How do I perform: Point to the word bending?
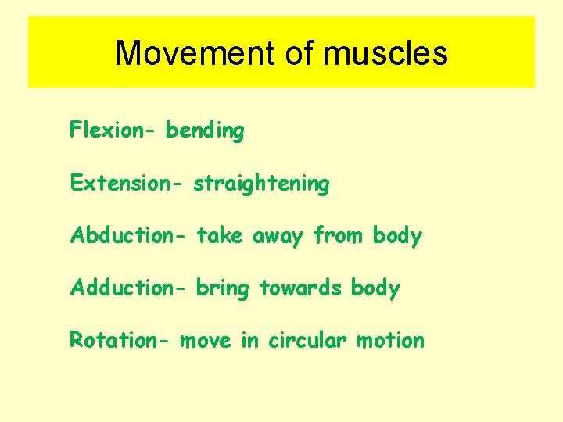(205, 131)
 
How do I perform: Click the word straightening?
(261, 184)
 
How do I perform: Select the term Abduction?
(125, 235)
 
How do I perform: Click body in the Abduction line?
(397, 236)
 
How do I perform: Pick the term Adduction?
(125, 288)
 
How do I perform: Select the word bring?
(222, 288)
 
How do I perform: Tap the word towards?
(300, 288)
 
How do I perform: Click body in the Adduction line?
(375, 288)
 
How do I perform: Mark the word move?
(206, 341)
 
